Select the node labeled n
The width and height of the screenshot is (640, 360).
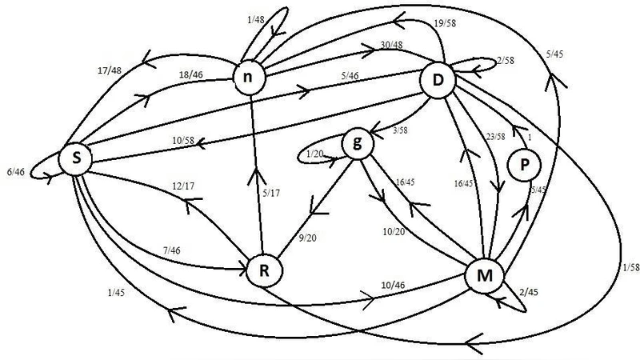[249, 78]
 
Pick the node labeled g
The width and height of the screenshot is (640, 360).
[357, 145]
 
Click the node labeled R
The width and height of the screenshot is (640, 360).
[263, 270]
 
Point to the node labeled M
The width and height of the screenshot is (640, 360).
[483, 277]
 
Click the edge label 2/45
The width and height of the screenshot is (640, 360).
[529, 293]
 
